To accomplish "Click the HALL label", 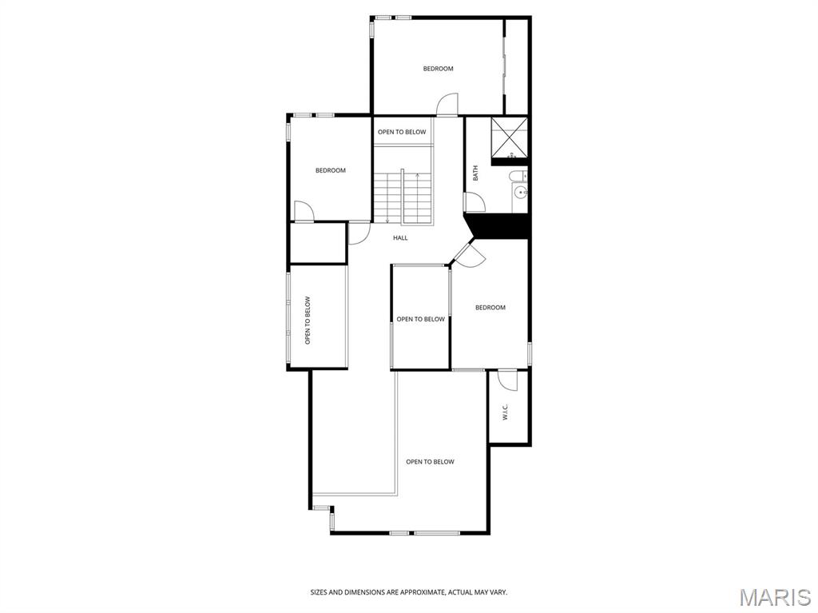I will (x=400, y=237).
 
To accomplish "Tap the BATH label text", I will (x=476, y=173).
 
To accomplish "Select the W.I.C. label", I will (x=505, y=412).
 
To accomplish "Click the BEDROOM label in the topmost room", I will (x=438, y=69).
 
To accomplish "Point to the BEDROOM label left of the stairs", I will (x=330, y=170).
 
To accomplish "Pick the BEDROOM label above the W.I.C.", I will (x=490, y=308).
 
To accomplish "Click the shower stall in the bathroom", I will (x=509, y=137).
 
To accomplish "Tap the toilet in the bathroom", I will (x=518, y=176).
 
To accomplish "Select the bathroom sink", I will (x=520, y=192).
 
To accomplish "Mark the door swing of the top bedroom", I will (x=447, y=104).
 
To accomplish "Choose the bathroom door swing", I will (x=474, y=202).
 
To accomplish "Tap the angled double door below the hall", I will (x=469, y=254).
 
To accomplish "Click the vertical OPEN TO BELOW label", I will (x=308, y=320).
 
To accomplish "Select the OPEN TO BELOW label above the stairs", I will (x=402, y=132).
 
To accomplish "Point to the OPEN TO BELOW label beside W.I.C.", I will (x=430, y=462).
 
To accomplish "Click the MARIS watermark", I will (x=775, y=597).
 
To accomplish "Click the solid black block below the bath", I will (x=501, y=226).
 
